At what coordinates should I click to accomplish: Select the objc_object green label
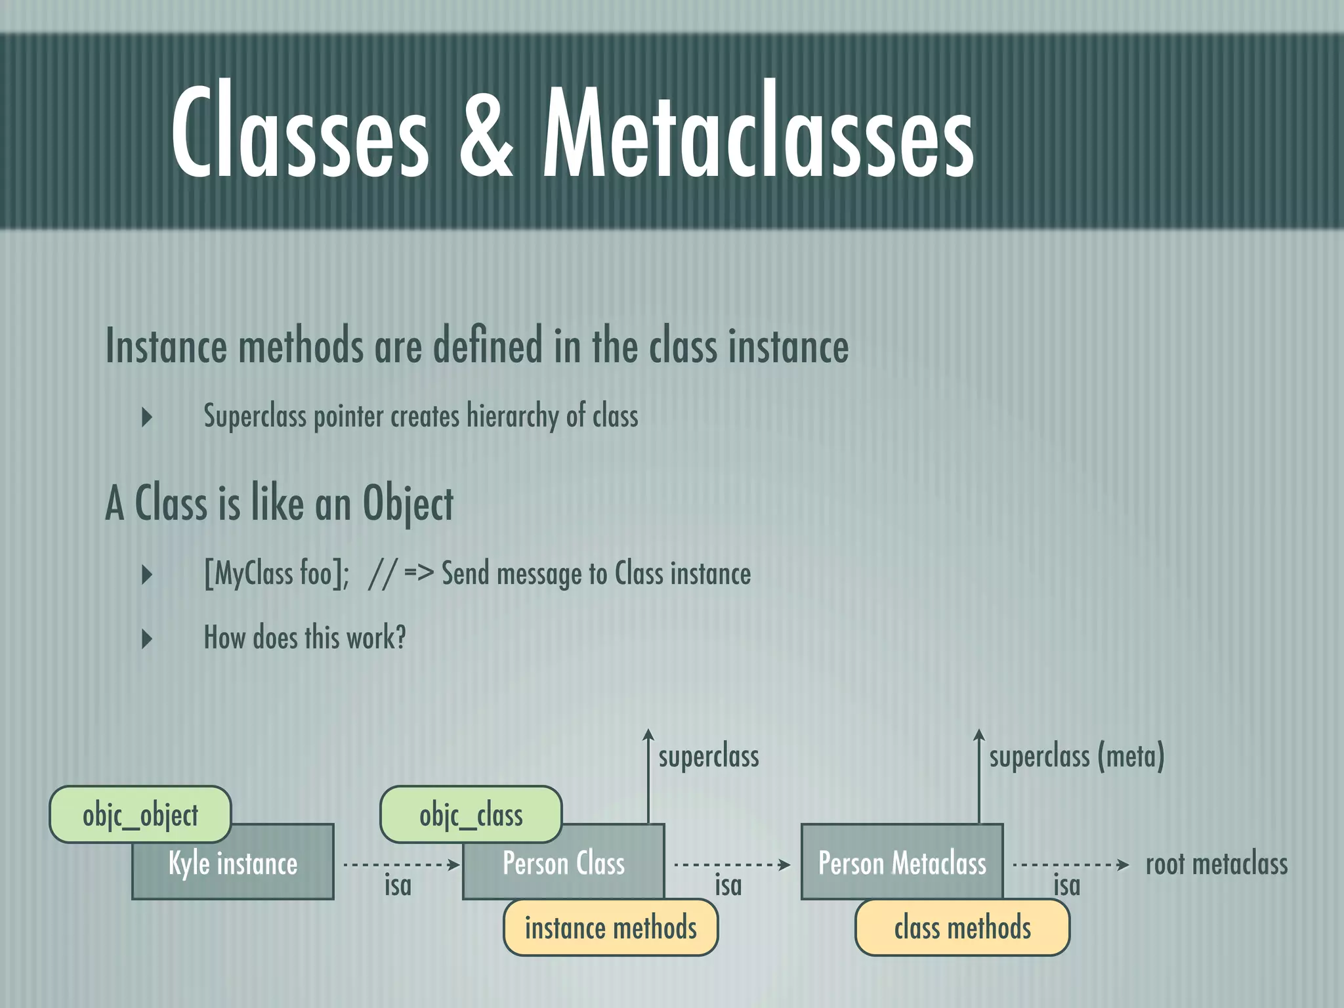[x=140, y=814]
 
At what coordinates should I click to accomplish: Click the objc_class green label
[x=471, y=814]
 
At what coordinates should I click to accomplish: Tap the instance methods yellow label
[x=610, y=927]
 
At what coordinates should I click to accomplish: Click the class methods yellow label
[x=962, y=927]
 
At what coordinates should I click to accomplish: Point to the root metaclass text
[x=1216, y=864]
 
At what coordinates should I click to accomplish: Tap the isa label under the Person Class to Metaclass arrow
[x=728, y=886]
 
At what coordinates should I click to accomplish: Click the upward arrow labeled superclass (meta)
[x=978, y=774]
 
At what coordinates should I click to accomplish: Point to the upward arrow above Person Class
[x=648, y=774]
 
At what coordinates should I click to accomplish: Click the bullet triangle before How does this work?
[x=147, y=639]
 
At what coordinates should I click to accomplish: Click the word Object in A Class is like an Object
[x=408, y=504]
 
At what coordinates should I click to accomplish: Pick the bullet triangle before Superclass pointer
[x=147, y=417]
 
